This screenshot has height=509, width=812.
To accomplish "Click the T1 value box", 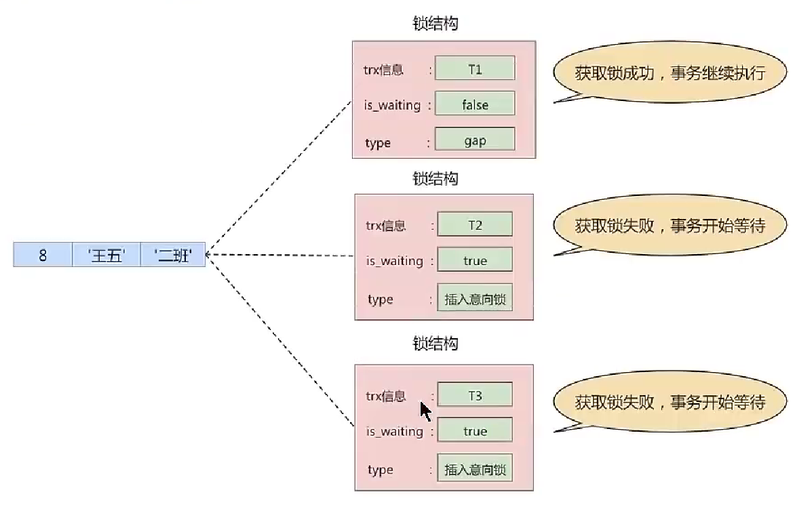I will [474, 68].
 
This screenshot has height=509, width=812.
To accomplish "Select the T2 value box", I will [474, 225].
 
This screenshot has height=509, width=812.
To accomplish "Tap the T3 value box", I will [474, 396].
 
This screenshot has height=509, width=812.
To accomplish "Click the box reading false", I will [474, 104].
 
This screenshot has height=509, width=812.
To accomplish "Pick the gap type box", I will [474, 140].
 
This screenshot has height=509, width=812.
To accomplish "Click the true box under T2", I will [474, 260].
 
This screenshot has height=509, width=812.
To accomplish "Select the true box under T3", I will [474, 431].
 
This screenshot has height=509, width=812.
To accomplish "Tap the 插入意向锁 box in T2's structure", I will [474, 298].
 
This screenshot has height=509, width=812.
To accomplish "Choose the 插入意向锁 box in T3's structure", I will [474, 468].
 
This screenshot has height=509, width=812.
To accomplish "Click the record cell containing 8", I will [43, 257].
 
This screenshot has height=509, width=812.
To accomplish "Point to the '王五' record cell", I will [107, 257].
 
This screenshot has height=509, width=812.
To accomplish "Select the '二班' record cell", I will [172, 257].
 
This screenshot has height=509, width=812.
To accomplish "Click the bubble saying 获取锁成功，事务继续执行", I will [669, 73].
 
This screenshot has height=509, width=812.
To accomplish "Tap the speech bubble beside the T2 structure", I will [669, 226].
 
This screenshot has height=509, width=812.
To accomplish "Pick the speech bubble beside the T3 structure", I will [669, 403].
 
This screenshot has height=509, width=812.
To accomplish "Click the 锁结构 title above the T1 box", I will [436, 23].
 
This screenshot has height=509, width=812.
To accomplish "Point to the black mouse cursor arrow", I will [425, 411].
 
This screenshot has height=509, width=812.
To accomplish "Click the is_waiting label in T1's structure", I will [393, 105].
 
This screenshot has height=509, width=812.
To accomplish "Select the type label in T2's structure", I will [380, 299].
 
